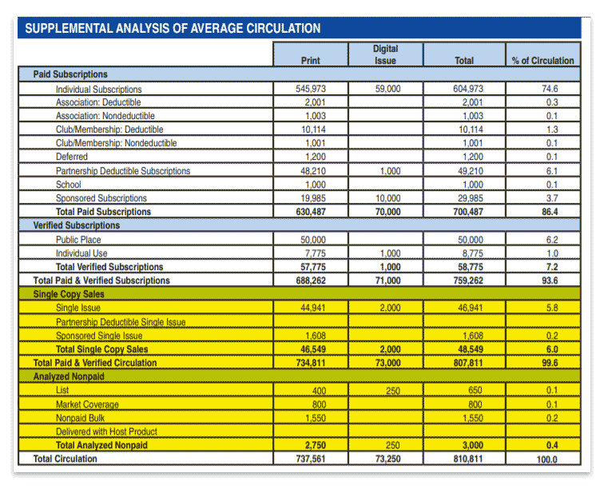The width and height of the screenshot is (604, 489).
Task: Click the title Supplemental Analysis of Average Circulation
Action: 173,28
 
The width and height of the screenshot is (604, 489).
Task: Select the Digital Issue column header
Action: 385,54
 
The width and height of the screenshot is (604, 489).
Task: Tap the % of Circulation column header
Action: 542,61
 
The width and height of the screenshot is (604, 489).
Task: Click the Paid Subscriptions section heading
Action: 70,74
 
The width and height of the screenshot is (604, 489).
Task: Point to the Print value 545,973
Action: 311,89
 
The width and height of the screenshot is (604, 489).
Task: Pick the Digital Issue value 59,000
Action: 388,89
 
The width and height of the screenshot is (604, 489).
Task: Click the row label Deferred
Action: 72,157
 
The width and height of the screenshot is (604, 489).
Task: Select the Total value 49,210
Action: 471,171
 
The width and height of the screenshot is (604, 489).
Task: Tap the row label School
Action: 69,185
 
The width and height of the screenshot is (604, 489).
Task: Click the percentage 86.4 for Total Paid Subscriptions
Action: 550,212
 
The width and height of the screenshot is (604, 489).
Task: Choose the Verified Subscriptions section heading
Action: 76,225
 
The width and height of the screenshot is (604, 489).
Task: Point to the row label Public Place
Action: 78,240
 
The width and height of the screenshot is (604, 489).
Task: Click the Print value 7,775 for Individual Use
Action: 315,253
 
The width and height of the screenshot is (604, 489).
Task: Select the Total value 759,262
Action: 468,280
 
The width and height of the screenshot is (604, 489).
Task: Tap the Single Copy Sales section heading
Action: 69,294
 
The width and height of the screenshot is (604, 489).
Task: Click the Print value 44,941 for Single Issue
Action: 313,308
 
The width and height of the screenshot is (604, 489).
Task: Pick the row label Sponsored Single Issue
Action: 99,336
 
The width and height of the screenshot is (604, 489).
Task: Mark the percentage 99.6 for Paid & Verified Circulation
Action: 550,363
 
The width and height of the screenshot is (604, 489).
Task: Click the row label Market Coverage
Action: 87,404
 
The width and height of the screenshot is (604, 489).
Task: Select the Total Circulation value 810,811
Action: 468,459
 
